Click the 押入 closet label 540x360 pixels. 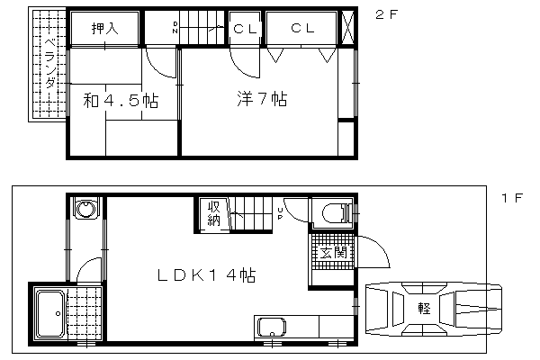[x=105, y=28]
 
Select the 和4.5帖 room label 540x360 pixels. [x=121, y=101]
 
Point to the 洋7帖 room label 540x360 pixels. [x=262, y=98]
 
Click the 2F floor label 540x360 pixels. [x=386, y=14]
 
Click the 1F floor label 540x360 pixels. [x=512, y=198]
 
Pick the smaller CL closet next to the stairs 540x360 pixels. [x=245, y=28]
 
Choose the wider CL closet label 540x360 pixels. [x=302, y=28]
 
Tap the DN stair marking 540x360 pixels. [x=175, y=28]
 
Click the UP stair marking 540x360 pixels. [x=280, y=213]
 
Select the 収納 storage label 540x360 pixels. [x=213, y=213]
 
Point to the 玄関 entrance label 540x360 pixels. [x=333, y=253]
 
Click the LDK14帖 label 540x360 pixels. [x=206, y=275]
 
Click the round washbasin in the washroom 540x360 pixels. [x=85, y=209]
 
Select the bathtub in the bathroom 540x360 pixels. [x=50, y=313]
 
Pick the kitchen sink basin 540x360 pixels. [x=272, y=327]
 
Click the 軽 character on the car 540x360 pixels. [x=424, y=308]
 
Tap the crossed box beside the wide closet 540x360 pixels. [x=347, y=28]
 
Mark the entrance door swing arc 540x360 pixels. [x=380, y=246]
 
